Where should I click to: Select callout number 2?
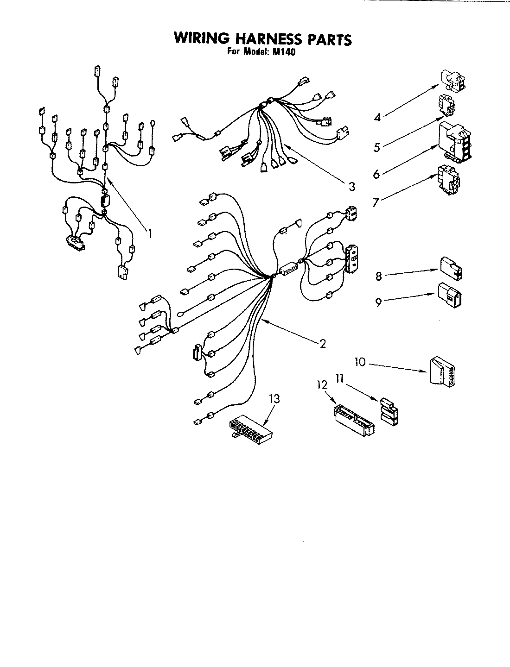[323, 343]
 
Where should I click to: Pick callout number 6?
[376, 174]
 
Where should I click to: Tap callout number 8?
[378, 276]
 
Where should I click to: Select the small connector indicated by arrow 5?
[447, 105]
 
